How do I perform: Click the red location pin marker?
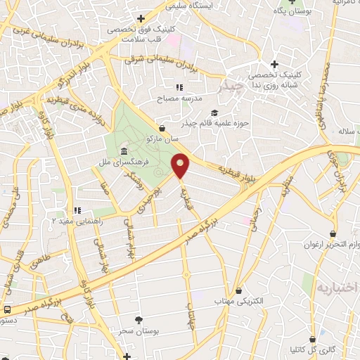click(181, 165)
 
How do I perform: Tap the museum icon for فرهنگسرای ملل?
click(124, 153)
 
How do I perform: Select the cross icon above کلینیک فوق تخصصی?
click(141, 19)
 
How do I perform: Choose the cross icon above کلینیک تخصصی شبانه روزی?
click(274, 65)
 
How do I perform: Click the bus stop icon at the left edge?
click(7, 309)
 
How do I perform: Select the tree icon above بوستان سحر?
click(138, 319)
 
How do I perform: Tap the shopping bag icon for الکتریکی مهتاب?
click(239, 290)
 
